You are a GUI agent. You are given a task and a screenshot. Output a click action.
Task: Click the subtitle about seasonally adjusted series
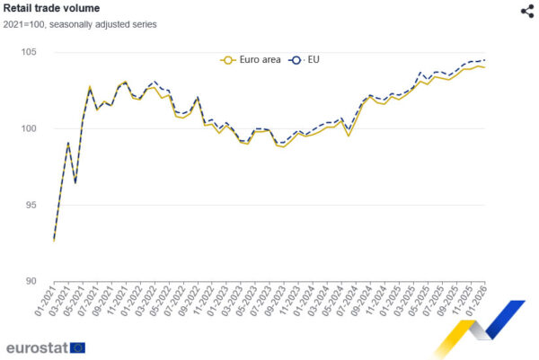click(x=80, y=24)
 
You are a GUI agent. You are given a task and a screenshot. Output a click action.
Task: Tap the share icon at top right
click(x=527, y=11)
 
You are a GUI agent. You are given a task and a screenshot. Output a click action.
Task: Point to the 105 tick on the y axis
click(x=30, y=52)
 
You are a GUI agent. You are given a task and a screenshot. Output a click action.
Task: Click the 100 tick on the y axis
click(x=30, y=128)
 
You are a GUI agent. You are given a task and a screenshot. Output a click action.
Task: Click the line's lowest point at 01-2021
click(x=54, y=241)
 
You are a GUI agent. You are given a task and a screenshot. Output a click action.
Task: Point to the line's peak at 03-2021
click(x=68, y=143)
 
